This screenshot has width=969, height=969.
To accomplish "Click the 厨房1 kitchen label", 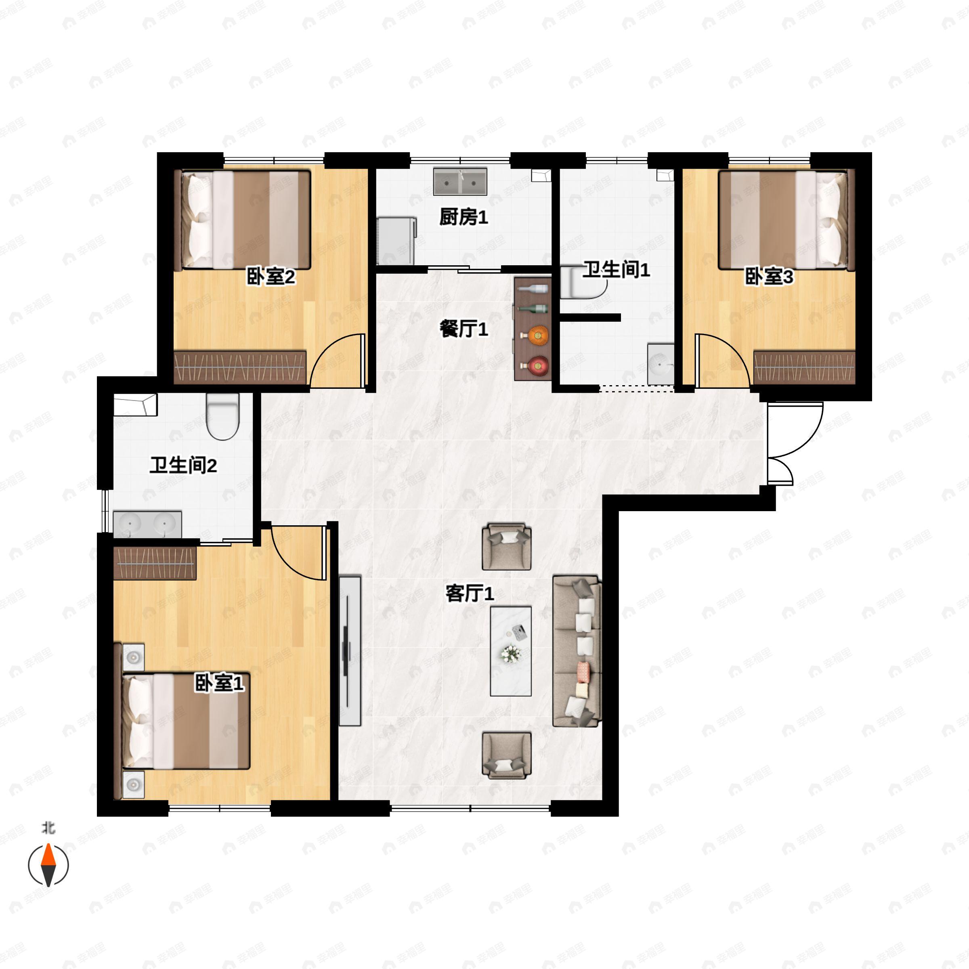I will click(x=464, y=218).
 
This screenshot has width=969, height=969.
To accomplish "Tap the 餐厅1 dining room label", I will click(x=464, y=329).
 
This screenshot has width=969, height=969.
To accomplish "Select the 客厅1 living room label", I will click(x=470, y=594).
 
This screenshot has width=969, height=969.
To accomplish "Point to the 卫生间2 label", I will click(x=183, y=466).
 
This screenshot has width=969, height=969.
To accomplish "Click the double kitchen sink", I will click(x=460, y=182).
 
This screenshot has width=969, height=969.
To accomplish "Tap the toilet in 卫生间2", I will click(x=223, y=416).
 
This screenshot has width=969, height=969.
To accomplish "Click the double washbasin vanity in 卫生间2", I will click(x=147, y=524).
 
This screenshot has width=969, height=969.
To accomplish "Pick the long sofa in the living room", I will click(x=577, y=651).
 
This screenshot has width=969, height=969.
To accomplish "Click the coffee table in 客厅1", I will click(x=511, y=651).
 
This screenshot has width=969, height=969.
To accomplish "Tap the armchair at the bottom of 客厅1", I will click(x=507, y=755).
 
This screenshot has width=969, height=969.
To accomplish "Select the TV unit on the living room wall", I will click(x=350, y=650).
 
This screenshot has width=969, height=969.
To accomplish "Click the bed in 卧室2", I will click(x=246, y=220).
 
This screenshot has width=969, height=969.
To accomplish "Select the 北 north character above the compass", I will click(x=48, y=828).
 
